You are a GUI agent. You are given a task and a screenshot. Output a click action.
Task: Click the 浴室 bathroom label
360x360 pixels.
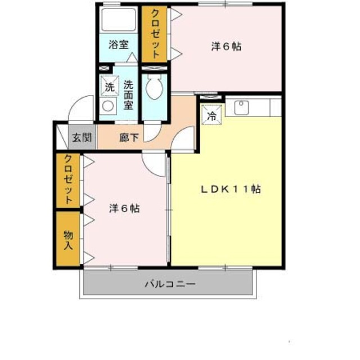click(119, 44)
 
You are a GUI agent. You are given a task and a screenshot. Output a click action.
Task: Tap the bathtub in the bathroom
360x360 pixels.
click(119, 20)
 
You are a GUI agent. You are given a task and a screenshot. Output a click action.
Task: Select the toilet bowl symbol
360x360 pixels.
click(155, 88)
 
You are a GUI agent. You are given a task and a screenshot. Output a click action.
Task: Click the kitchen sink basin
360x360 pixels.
click(241, 107)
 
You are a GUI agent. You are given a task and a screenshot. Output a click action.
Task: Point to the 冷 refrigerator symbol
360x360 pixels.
click(211, 115)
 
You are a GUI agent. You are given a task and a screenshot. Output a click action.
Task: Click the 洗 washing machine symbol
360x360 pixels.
click(110, 86)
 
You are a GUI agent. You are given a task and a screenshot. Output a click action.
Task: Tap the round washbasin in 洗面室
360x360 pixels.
click(108, 106)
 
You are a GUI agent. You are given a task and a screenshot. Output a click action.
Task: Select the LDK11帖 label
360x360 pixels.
click(231, 189)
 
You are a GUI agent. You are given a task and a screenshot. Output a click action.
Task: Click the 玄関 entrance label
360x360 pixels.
click(82, 137)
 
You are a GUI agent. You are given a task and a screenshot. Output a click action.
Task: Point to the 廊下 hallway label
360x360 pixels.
click(129, 138)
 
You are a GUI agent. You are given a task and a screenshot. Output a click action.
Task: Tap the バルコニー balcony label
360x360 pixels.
click(170, 284)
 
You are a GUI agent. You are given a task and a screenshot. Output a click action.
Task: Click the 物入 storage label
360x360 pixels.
click(68, 240)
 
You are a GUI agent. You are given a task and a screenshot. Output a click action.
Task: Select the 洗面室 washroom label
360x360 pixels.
click(128, 95)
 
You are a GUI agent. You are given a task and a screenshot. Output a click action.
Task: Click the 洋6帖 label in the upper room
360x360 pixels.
click(226, 47)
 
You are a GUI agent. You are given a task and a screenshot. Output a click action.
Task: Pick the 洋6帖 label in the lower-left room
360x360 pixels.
click(124, 209)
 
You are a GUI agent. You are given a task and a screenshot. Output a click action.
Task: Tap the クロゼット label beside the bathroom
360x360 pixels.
click(155, 34)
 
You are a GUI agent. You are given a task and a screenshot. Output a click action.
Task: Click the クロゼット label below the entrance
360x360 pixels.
click(69, 179)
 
